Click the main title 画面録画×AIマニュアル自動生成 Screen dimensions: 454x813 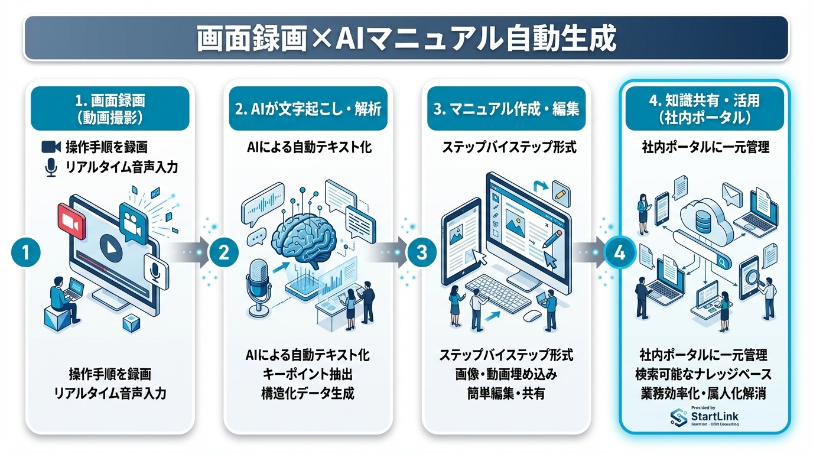tap(406, 39)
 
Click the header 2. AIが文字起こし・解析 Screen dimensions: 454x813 tap(308, 109)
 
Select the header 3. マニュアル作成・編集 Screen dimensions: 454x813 tap(506, 109)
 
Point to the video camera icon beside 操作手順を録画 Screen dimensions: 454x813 tap(51, 147)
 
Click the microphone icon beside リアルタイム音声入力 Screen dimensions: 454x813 tap(51, 167)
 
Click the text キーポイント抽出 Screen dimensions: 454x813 tap(308, 374)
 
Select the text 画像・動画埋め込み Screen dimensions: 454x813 tap(506, 374)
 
